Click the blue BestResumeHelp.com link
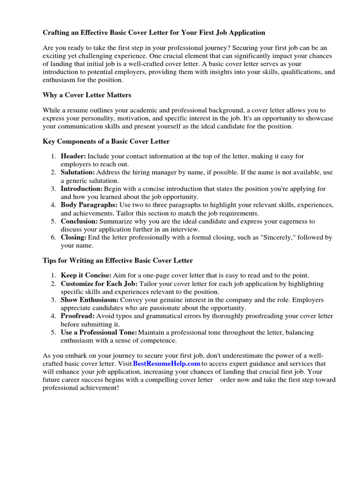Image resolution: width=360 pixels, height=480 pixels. pyautogui.click(x=166, y=364)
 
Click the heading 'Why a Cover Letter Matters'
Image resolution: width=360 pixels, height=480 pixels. pyautogui.click(x=87, y=95)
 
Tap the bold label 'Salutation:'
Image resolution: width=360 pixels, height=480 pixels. pyautogui.click(x=78, y=172)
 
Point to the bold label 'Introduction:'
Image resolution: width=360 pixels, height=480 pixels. pyautogui.click(x=82, y=189)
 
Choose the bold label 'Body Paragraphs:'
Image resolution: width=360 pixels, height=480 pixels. pyautogui.click(x=89, y=205)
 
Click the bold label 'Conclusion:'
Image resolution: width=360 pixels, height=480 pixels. pyautogui.click(x=79, y=221)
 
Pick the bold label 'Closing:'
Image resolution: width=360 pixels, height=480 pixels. pyautogui.click(x=74, y=238)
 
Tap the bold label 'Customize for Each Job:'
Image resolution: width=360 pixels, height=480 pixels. pyautogui.click(x=99, y=284)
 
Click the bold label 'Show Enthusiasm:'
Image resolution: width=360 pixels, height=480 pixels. pyautogui.click(x=90, y=300)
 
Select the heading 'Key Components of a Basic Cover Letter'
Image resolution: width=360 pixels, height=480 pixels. pyautogui.click(x=106, y=141)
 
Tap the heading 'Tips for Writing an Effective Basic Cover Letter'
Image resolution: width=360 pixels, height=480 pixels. pyautogui.click(x=118, y=260)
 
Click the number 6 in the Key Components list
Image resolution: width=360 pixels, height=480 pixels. pyautogui.click(x=54, y=238)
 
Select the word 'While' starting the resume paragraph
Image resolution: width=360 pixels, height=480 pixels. pyautogui.click(x=52, y=111)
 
